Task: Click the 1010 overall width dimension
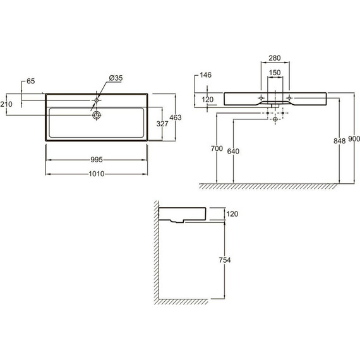point(97,174)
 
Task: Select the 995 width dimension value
point(97,160)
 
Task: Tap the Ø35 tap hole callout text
point(116,78)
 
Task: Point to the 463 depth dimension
point(176,117)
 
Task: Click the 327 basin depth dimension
point(162,124)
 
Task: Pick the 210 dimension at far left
point(6,104)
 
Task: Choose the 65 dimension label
point(31,81)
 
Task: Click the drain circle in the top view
point(97,115)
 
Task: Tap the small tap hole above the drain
point(97,100)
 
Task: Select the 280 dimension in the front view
point(275,58)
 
